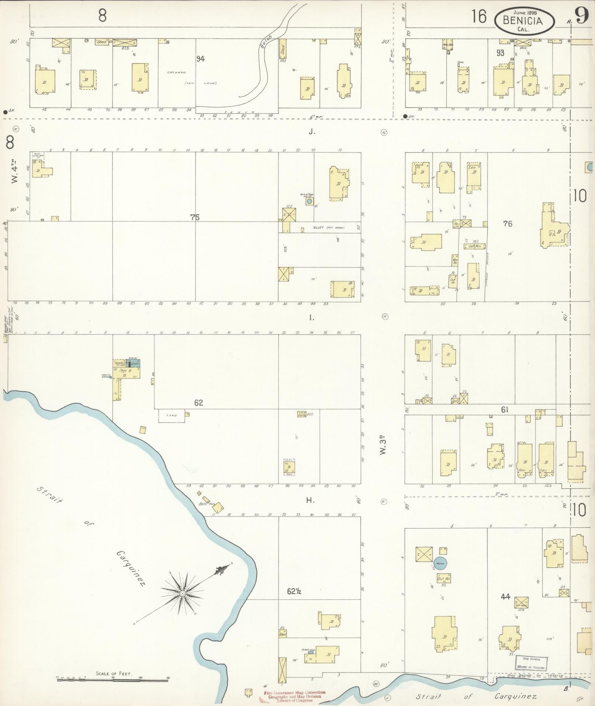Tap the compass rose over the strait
(x=183, y=593)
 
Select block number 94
(x=200, y=59)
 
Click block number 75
(x=195, y=218)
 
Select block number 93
(x=500, y=53)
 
